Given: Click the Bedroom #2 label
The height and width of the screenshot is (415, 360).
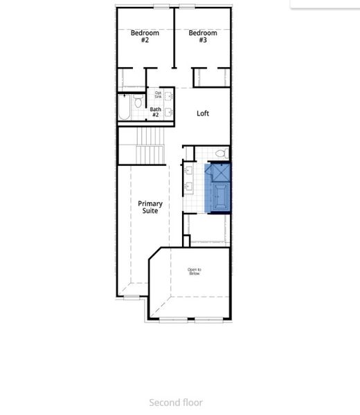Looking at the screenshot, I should [145, 37].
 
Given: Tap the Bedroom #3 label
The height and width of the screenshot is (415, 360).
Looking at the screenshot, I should [203, 37].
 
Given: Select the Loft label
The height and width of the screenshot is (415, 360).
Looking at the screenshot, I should [203, 113].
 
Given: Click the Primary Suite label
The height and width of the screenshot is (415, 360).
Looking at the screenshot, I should [150, 207].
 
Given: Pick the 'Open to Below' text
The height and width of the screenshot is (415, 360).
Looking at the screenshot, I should [195, 272].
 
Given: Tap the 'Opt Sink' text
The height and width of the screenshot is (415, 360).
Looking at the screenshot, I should [159, 95].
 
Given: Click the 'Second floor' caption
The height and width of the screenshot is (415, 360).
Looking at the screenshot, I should [176, 402].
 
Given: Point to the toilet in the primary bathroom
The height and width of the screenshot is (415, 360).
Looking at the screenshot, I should [221, 154].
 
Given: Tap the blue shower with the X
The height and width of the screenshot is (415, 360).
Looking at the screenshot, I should [219, 172].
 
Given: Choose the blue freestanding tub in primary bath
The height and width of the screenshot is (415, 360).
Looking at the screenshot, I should [219, 196].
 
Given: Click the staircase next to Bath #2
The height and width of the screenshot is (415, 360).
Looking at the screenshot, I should [150, 145].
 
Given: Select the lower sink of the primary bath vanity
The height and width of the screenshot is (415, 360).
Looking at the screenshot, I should [188, 185].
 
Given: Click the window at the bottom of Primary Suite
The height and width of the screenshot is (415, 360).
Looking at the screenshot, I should [131, 297].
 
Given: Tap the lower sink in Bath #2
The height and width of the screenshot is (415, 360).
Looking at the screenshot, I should [168, 111].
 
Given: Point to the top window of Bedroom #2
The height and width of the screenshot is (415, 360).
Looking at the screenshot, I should [161, 7].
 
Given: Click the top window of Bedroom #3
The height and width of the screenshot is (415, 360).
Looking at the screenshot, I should [187, 7].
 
